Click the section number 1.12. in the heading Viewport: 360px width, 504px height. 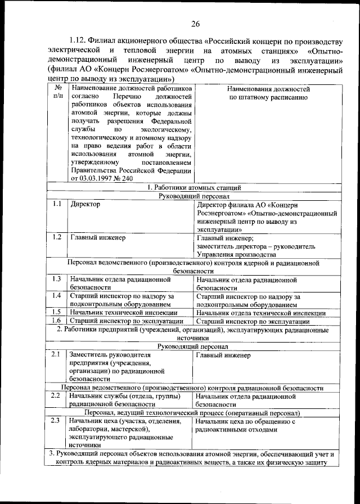click(x=81, y=41)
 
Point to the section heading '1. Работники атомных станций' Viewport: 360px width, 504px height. click(x=194, y=187)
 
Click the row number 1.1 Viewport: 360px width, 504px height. click(x=56, y=205)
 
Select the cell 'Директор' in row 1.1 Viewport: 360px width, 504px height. click(x=85, y=205)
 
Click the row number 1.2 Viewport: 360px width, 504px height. click(x=56, y=237)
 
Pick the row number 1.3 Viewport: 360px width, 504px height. click(x=56, y=279)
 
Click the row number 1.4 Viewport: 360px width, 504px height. click(x=56, y=296)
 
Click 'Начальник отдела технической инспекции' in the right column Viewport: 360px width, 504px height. click(x=261, y=313)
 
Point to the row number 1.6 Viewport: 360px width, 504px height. click(x=56, y=321)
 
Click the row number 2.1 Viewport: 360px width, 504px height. click(x=56, y=355)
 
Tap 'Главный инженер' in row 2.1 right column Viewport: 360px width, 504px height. click(x=223, y=355)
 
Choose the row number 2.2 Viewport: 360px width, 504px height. click(x=56, y=396)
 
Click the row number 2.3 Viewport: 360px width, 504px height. click(x=56, y=421)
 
